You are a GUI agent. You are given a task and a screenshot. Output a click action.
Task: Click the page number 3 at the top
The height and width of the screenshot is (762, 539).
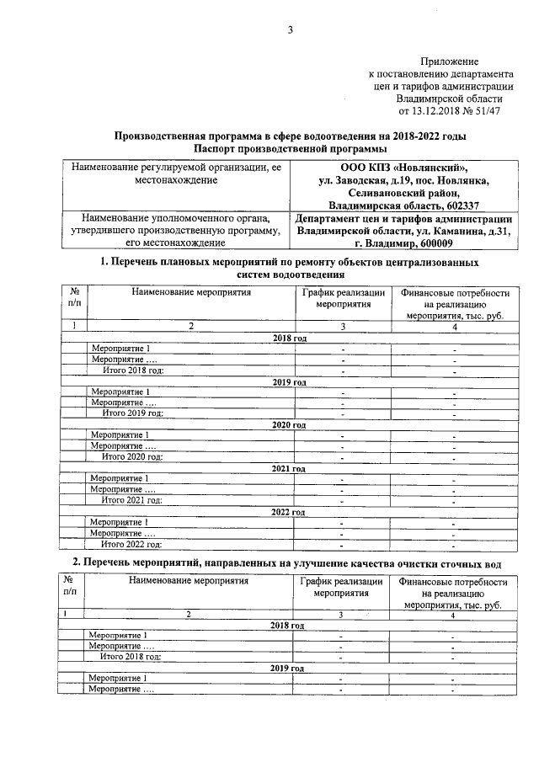tap(289, 31)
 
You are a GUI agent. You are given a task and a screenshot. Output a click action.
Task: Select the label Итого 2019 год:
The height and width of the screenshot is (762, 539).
tap(132, 413)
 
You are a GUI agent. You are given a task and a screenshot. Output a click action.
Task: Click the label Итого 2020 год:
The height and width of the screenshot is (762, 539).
tap(132, 457)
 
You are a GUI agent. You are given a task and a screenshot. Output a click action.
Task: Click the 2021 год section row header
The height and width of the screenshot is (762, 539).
tap(289, 467)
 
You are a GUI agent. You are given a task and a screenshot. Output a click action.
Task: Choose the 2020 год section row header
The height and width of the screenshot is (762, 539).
tap(289, 424)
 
